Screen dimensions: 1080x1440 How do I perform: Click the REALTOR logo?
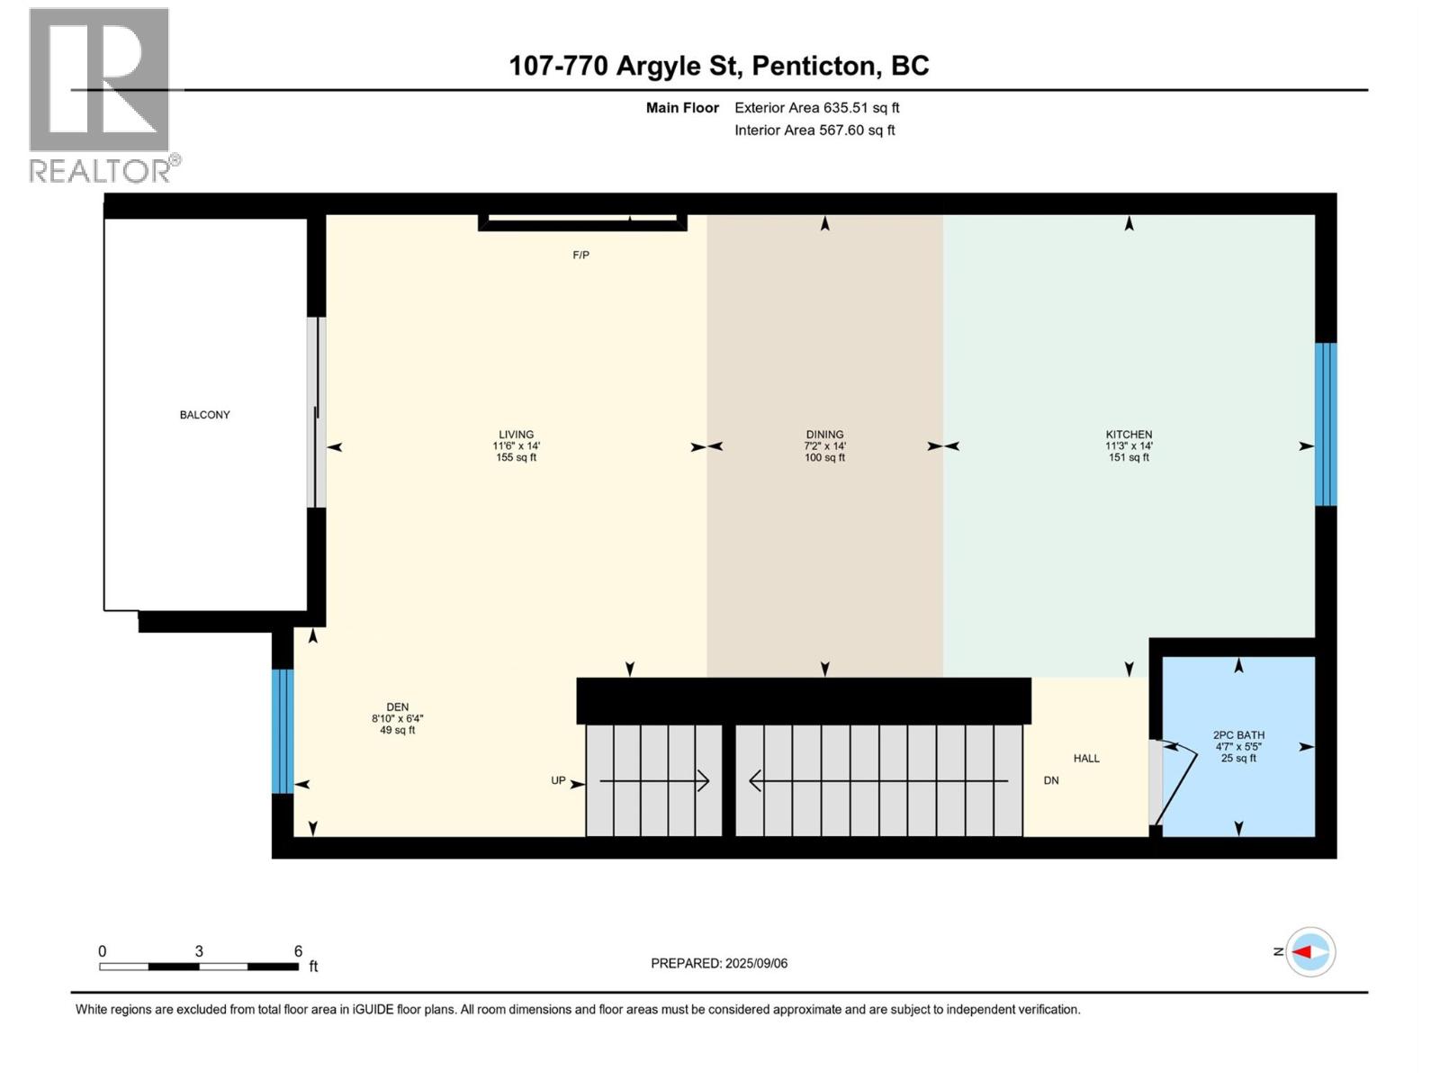point(100,94)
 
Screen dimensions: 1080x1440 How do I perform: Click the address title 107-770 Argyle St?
point(718,66)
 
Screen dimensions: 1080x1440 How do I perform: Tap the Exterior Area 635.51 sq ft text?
point(816,107)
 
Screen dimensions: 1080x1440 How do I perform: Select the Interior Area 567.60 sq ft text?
point(814,130)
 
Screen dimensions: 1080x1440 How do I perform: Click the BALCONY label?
point(205,415)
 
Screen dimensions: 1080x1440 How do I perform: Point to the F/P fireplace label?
point(580,255)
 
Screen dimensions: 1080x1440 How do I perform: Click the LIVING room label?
point(516,445)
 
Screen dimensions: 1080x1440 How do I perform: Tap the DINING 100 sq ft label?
point(824,445)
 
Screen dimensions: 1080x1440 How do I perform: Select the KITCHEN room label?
point(1129,445)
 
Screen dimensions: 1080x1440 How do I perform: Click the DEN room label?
point(397,718)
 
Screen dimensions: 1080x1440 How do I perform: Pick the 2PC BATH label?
point(1238,746)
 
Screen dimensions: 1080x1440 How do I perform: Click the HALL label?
point(1086,758)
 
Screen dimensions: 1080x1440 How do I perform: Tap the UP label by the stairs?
point(558,780)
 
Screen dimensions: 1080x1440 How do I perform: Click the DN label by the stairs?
point(1051,780)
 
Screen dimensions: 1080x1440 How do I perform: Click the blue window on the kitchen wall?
point(1326,424)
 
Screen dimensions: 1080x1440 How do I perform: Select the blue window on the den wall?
point(283,731)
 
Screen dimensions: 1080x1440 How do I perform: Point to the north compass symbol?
point(1309,951)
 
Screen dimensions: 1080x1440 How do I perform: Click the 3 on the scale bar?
point(199,951)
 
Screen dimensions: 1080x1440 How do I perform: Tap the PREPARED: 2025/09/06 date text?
point(719,963)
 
